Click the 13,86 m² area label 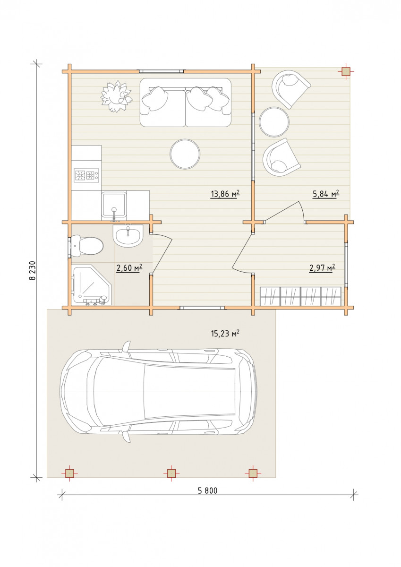pyautogui.click(x=225, y=194)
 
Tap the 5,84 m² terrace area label pyautogui.click(x=326, y=194)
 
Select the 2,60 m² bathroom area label pyautogui.click(x=129, y=267)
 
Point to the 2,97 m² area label pyautogui.click(x=322, y=267)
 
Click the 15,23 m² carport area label pyautogui.click(x=225, y=334)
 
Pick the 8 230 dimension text pyautogui.click(x=32, y=270)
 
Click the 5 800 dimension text pyautogui.click(x=207, y=491)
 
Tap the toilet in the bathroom pyautogui.click(x=87, y=246)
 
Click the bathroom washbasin pyautogui.click(x=128, y=235)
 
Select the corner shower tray pyautogui.click(x=92, y=285)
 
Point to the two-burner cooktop pyautogui.click(x=86, y=175)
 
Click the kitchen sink pyautogui.click(x=114, y=206)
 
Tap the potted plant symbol pyautogui.click(x=117, y=96)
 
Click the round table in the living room pyautogui.click(x=185, y=154)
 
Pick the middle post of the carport pyautogui.click(x=171, y=473)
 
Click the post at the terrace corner pyautogui.click(x=346, y=72)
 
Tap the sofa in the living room pyautogui.click(x=186, y=103)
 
